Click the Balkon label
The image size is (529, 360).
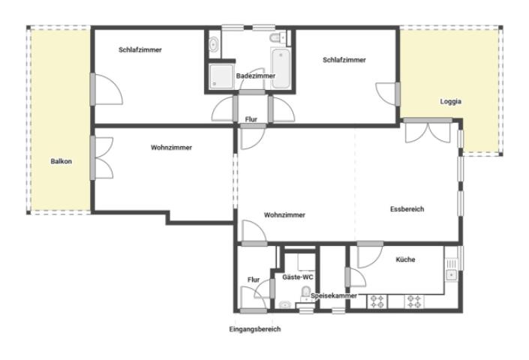pyautogui.click(x=61, y=161)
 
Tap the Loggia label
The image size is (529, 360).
pyautogui.click(x=450, y=101)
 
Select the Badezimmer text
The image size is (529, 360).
pyautogui.click(x=256, y=76)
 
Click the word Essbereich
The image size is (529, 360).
pyautogui.click(x=407, y=209)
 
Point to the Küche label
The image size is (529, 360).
pyautogui.click(x=405, y=259)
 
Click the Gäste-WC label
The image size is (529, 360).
pyautogui.click(x=298, y=277)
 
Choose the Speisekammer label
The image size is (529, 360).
pyautogui.click(x=334, y=295)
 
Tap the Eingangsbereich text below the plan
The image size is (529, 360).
pyautogui.click(x=254, y=329)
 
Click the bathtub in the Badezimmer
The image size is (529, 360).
pyautogui.click(x=281, y=68)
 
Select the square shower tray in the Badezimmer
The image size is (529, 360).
pyautogui.click(x=221, y=76)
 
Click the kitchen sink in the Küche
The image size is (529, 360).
pyautogui.click(x=451, y=274)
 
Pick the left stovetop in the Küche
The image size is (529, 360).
pyautogui.click(x=377, y=301)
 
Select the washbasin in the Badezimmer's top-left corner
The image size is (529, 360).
pyautogui.click(x=214, y=44)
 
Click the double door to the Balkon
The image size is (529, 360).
pyautogui.click(x=102, y=157)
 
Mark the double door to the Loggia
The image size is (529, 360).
pyautogui.click(x=428, y=131)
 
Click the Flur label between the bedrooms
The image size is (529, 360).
pyautogui.click(x=251, y=119)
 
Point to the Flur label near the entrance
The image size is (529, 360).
pyautogui.click(x=254, y=280)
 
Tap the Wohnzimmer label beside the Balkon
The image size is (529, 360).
pyautogui.click(x=171, y=148)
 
